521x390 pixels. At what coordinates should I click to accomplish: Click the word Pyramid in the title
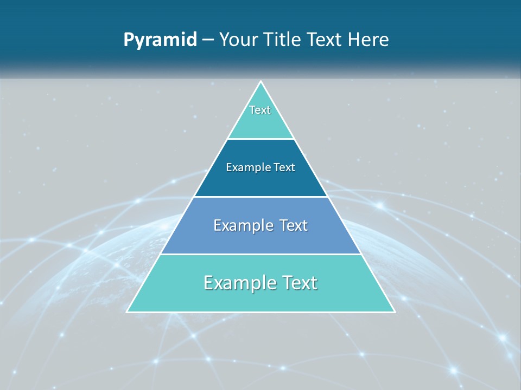160,40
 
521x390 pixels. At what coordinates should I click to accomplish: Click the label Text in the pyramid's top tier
260,110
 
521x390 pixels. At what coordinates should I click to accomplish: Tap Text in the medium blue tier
291,225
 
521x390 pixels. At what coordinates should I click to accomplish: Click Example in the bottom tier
236,283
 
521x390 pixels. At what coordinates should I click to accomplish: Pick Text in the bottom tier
298,283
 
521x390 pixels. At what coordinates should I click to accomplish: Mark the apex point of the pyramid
260,82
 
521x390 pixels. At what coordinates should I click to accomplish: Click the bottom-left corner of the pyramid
128,311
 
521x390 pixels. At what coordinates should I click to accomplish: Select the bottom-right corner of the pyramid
395,311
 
